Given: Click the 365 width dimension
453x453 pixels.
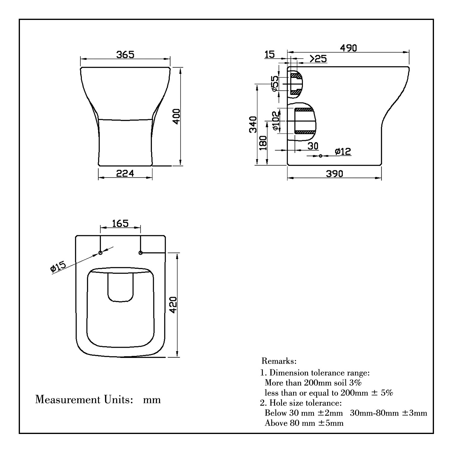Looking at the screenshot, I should click(x=125, y=55).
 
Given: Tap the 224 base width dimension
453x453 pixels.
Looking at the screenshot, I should click(x=125, y=173).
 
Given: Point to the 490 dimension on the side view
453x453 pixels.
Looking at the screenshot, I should click(x=348, y=48).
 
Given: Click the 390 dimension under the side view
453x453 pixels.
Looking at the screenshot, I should click(x=334, y=174).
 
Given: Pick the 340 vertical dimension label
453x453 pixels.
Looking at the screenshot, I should click(x=253, y=124).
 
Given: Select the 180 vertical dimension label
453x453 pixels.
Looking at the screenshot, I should click(x=263, y=143).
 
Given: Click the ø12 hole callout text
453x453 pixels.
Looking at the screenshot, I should click(x=343, y=151).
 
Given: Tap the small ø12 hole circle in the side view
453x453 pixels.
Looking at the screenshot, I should click(x=321, y=156).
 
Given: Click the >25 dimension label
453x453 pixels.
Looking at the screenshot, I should click(x=318, y=59).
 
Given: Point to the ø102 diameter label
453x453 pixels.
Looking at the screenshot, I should click(x=275, y=120).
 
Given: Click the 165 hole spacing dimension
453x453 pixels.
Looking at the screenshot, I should click(x=120, y=223).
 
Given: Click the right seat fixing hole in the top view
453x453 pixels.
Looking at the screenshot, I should click(x=140, y=253).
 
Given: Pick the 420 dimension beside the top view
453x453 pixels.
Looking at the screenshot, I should click(x=173, y=305).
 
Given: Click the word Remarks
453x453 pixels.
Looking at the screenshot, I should click(x=279, y=361).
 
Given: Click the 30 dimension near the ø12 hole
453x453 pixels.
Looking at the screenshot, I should click(x=313, y=146).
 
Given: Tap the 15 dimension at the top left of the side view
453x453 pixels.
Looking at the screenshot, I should click(x=270, y=54).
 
